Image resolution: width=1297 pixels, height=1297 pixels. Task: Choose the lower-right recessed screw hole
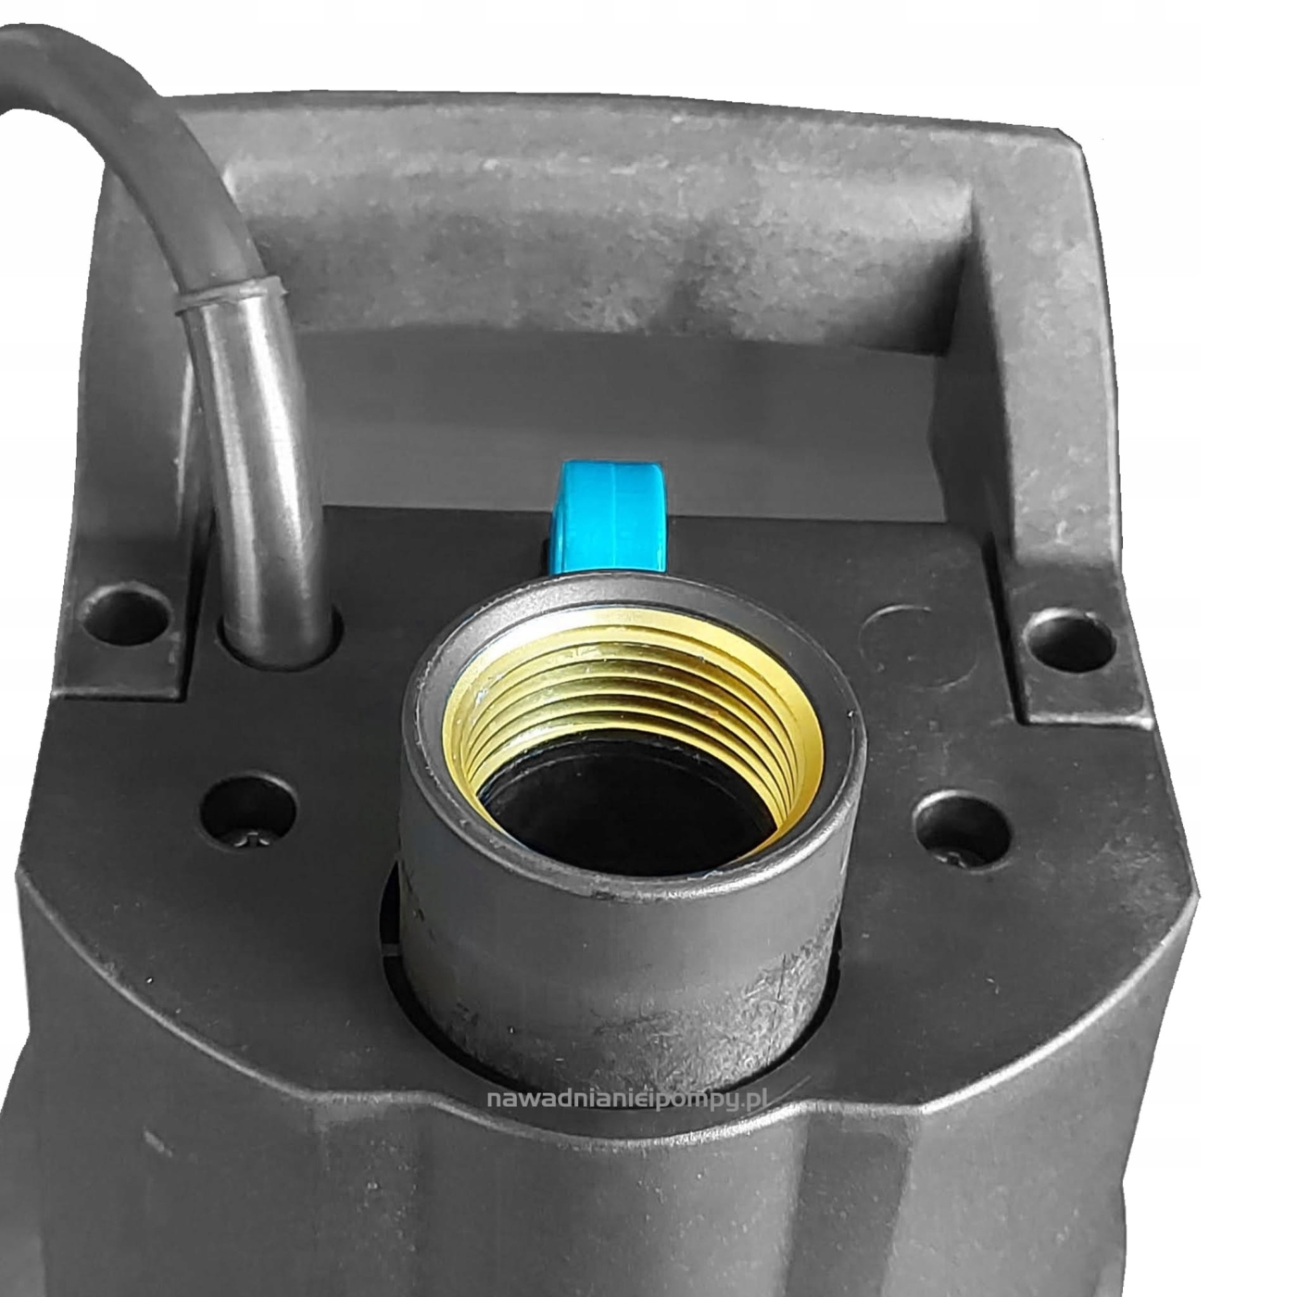(x=965, y=829)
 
